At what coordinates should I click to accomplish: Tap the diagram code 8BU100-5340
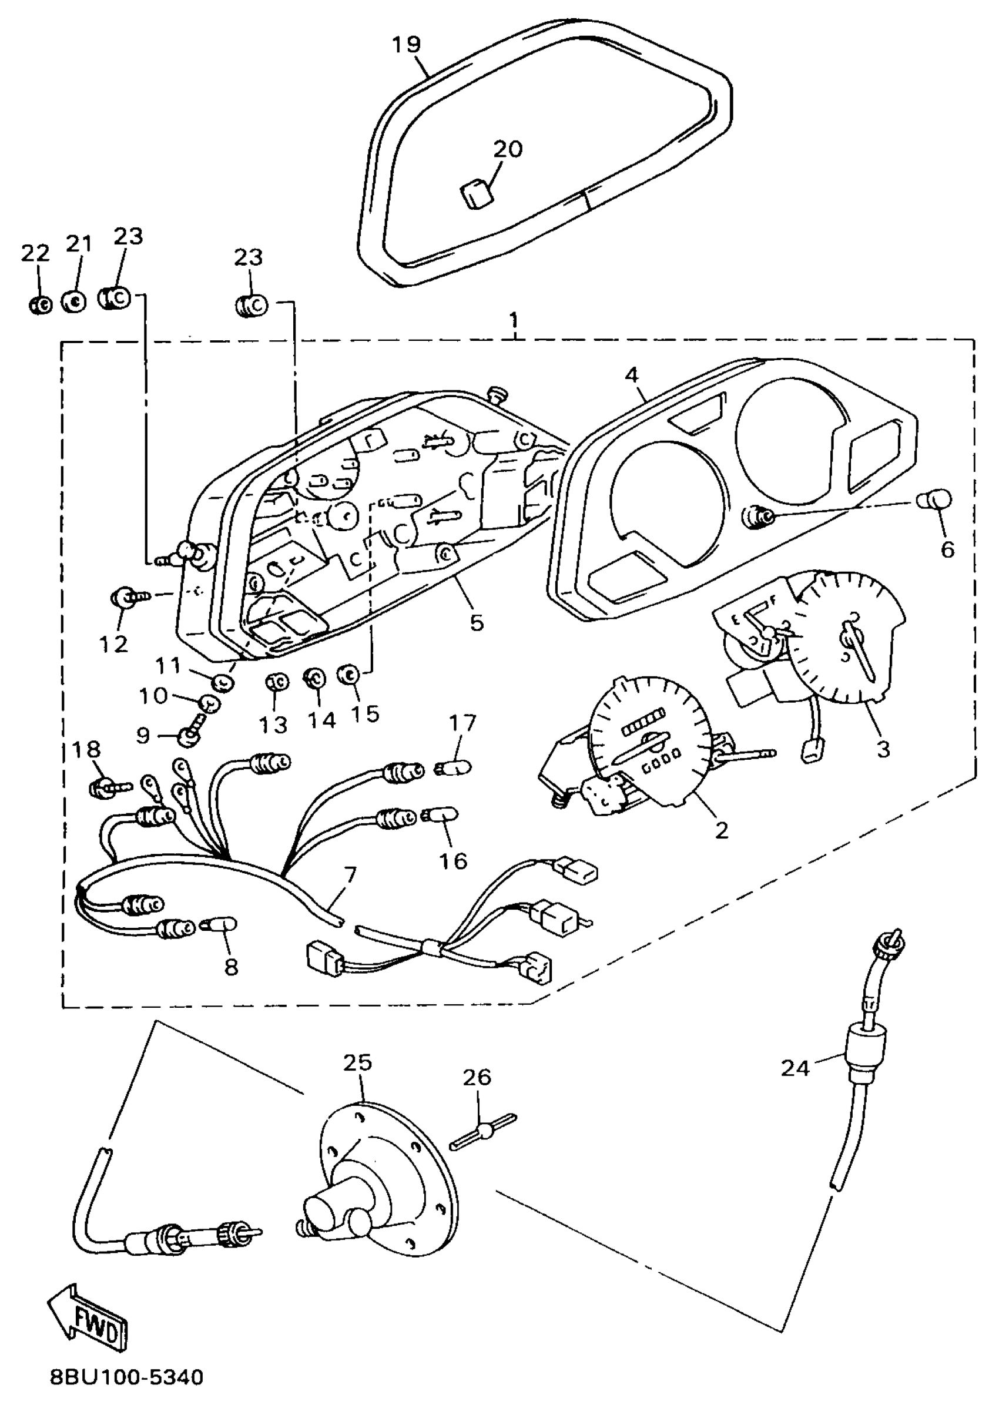[127, 1376]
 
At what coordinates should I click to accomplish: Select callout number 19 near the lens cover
[406, 45]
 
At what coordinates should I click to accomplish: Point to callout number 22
[35, 253]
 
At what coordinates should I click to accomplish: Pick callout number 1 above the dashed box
[514, 320]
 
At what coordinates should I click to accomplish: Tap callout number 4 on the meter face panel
[632, 375]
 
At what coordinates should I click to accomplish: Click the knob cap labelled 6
[936, 500]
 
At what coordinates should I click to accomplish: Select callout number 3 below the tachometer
[883, 749]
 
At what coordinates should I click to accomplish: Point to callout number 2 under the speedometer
[721, 830]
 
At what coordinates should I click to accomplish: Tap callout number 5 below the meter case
[477, 622]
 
